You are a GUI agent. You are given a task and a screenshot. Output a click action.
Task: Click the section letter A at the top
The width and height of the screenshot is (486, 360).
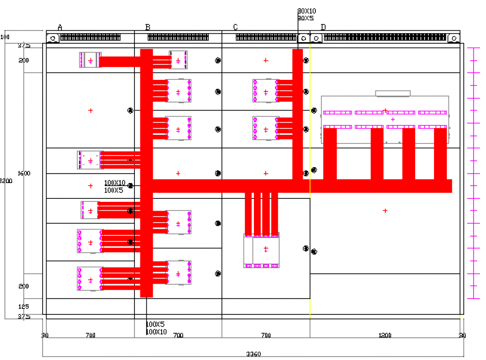(60, 27)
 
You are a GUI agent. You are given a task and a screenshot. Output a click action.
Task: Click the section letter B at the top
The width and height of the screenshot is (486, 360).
(148, 27)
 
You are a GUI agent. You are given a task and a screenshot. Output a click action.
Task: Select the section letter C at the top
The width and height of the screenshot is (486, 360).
(235, 27)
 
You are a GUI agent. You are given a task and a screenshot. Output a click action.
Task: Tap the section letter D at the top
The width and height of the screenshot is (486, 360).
(323, 27)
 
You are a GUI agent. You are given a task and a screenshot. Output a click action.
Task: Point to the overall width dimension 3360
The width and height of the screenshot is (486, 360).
(253, 354)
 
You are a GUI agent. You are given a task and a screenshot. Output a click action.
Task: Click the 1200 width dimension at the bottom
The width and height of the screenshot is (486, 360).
(385, 336)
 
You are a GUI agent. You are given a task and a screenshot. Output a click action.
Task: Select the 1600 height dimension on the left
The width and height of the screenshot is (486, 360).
(23, 174)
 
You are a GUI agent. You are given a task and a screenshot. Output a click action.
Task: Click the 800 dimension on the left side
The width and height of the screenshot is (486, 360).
(23, 287)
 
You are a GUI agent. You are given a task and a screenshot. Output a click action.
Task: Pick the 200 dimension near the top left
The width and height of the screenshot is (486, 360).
(23, 60)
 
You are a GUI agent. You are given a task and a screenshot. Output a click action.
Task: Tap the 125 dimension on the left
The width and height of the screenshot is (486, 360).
(23, 307)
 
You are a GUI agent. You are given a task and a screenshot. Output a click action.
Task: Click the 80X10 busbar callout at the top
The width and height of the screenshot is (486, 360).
(306, 11)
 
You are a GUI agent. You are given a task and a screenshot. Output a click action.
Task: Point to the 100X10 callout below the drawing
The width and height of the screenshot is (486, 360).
(157, 332)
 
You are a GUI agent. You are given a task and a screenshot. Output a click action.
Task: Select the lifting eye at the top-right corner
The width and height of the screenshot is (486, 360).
(453, 38)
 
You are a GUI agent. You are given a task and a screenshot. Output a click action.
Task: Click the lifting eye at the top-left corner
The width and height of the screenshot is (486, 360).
(53, 38)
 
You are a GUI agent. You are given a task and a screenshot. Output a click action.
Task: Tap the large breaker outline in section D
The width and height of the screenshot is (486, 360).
(385, 119)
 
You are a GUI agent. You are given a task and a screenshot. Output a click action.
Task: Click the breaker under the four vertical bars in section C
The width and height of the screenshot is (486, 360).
(261, 250)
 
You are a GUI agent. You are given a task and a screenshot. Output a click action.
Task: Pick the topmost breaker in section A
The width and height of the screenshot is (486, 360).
(90, 60)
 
